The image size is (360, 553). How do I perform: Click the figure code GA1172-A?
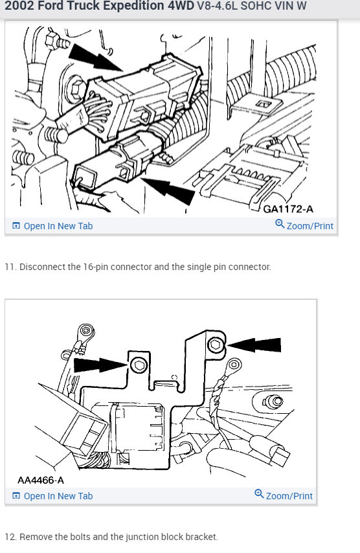pos(288,209)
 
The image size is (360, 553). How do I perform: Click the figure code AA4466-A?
pos(41,480)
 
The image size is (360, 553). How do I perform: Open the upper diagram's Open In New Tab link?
pos(52,226)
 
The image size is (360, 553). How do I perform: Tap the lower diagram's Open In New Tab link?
pos(52,496)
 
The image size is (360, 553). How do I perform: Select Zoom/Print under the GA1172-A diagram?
pos(304,225)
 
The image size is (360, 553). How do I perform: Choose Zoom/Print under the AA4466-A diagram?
pos(284,495)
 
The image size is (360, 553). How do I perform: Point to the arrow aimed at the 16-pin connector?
pos(95,58)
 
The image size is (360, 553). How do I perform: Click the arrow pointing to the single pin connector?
pos(168,190)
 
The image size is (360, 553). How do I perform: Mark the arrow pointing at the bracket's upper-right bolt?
pos(254,345)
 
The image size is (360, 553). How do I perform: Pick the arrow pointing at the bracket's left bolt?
pos(100,365)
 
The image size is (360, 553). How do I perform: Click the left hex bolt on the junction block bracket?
pos(139,365)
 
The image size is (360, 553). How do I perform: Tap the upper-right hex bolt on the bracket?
pos(215,344)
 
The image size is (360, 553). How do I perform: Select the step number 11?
pos(10,267)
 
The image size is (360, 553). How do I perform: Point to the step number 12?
pos(10,537)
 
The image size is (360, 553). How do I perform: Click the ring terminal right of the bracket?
pos(234,366)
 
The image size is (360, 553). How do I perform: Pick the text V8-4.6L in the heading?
pos(217,6)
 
